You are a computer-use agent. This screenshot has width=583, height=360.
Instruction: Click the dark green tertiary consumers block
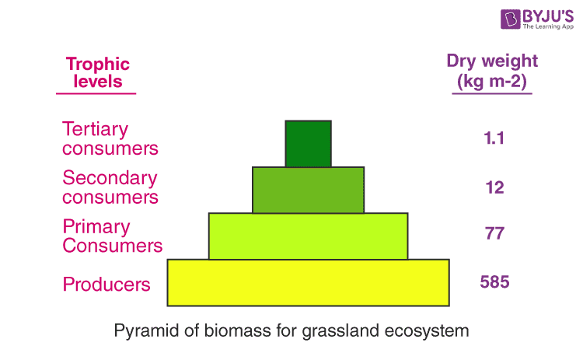[x=308, y=144]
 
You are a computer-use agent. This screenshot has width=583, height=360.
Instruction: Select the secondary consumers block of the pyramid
[x=308, y=190]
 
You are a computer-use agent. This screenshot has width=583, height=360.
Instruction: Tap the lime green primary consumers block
[x=308, y=236]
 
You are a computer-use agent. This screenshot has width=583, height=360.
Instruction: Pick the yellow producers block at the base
[x=308, y=282]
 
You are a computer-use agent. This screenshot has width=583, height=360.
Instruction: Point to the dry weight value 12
[x=494, y=187]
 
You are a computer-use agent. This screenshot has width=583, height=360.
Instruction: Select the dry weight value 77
[x=494, y=234]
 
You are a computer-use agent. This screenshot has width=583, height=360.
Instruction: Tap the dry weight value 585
[x=494, y=281]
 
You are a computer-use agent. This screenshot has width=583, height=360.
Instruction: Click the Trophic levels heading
[x=97, y=72]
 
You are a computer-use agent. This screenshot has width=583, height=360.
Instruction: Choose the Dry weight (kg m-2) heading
[x=491, y=71]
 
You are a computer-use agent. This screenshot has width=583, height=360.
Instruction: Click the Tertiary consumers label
[x=110, y=138]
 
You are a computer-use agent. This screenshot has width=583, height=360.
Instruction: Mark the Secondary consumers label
[x=110, y=187]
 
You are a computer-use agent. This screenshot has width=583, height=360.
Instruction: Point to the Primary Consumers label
[x=112, y=236]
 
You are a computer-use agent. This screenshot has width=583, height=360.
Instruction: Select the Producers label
[x=106, y=284]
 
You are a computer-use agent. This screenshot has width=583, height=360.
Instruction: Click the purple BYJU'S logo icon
[x=490, y=19]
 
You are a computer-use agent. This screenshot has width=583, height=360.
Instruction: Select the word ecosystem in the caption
[x=427, y=330]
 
